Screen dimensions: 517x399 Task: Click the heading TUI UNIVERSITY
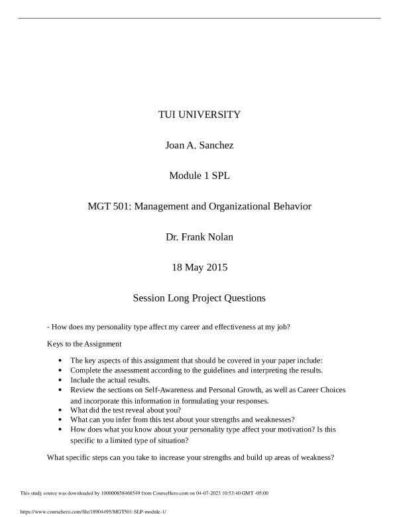(x=199, y=115)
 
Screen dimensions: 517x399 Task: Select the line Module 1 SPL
(x=199, y=176)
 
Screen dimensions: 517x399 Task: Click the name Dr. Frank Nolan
(x=199, y=237)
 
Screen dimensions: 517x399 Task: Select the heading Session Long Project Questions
(x=199, y=298)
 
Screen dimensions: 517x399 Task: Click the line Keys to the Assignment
(x=84, y=344)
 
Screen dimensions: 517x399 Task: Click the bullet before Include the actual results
(x=61, y=380)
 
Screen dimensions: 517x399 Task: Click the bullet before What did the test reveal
(x=61, y=410)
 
